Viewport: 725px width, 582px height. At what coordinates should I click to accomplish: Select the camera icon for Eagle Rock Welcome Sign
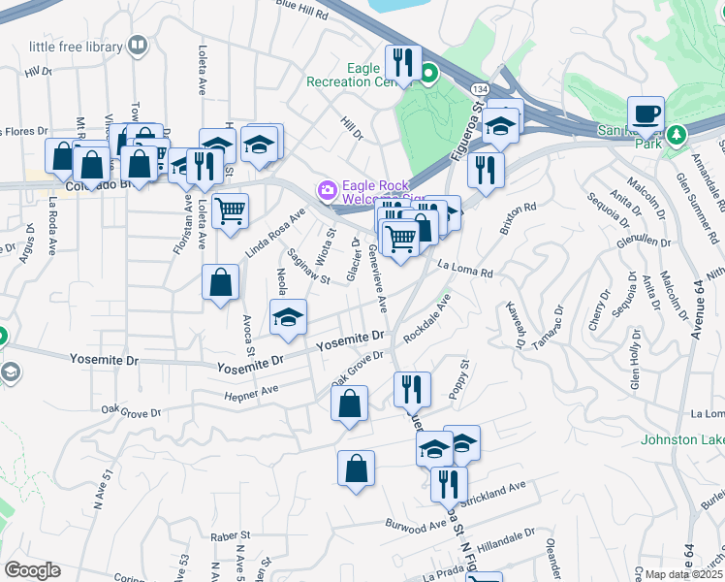pos(328,188)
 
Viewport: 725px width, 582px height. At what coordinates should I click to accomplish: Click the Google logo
pos(32,570)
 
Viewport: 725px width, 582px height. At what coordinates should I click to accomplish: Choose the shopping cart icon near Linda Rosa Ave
pos(230,210)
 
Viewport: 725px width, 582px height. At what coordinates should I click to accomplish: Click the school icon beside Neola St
pos(288,317)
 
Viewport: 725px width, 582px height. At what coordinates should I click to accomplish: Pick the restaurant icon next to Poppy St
pos(412,389)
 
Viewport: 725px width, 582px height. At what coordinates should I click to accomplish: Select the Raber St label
pos(232,535)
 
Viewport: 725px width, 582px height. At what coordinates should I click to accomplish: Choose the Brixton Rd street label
pos(518,213)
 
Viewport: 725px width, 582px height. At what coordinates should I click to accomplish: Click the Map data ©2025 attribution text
pos(683,574)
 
